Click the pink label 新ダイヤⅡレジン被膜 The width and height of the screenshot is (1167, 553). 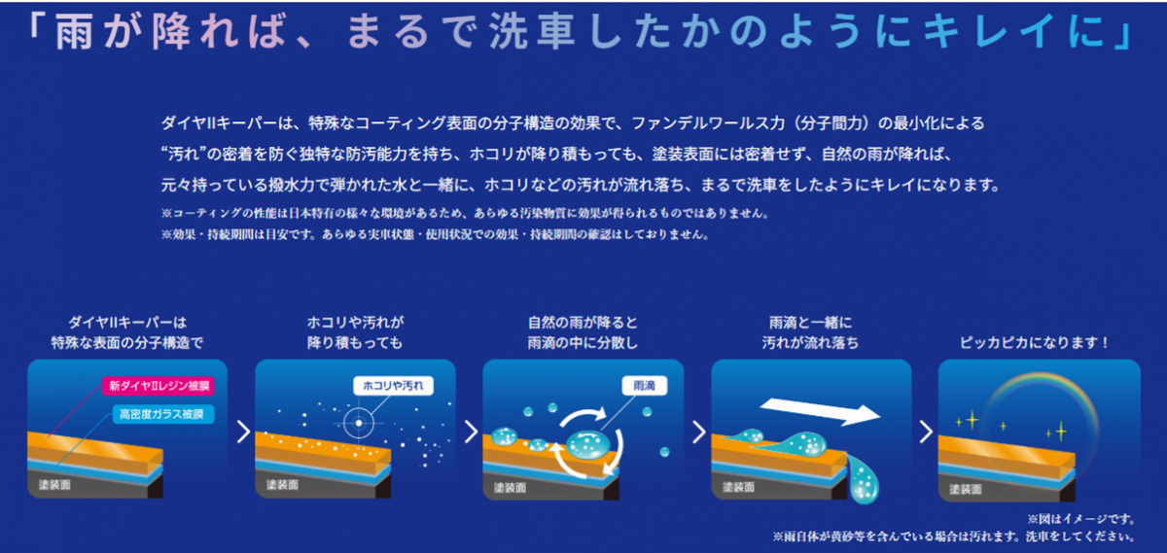(x=159, y=386)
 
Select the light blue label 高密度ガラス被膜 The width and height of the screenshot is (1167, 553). (x=163, y=414)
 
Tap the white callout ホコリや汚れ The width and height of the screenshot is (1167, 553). (x=393, y=386)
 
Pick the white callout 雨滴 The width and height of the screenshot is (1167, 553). (x=645, y=386)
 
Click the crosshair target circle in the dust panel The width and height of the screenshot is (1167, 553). (x=359, y=423)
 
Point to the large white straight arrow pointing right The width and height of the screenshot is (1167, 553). (x=820, y=411)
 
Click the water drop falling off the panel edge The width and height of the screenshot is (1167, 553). (x=864, y=480)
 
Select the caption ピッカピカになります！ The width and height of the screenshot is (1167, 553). (x=1035, y=343)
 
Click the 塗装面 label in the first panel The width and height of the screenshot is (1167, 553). (x=54, y=485)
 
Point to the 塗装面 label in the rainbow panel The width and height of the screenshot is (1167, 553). (x=966, y=489)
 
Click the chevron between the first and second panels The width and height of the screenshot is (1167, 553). (x=244, y=432)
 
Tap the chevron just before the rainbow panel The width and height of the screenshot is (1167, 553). (x=926, y=432)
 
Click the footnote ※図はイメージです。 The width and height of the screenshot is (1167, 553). (x=1081, y=519)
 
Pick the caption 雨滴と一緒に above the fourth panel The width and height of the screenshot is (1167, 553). (x=811, y=323)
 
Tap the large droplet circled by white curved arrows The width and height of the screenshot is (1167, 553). (x=588, y=445)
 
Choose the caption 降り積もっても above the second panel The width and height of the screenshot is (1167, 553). (x=355, y=343)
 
